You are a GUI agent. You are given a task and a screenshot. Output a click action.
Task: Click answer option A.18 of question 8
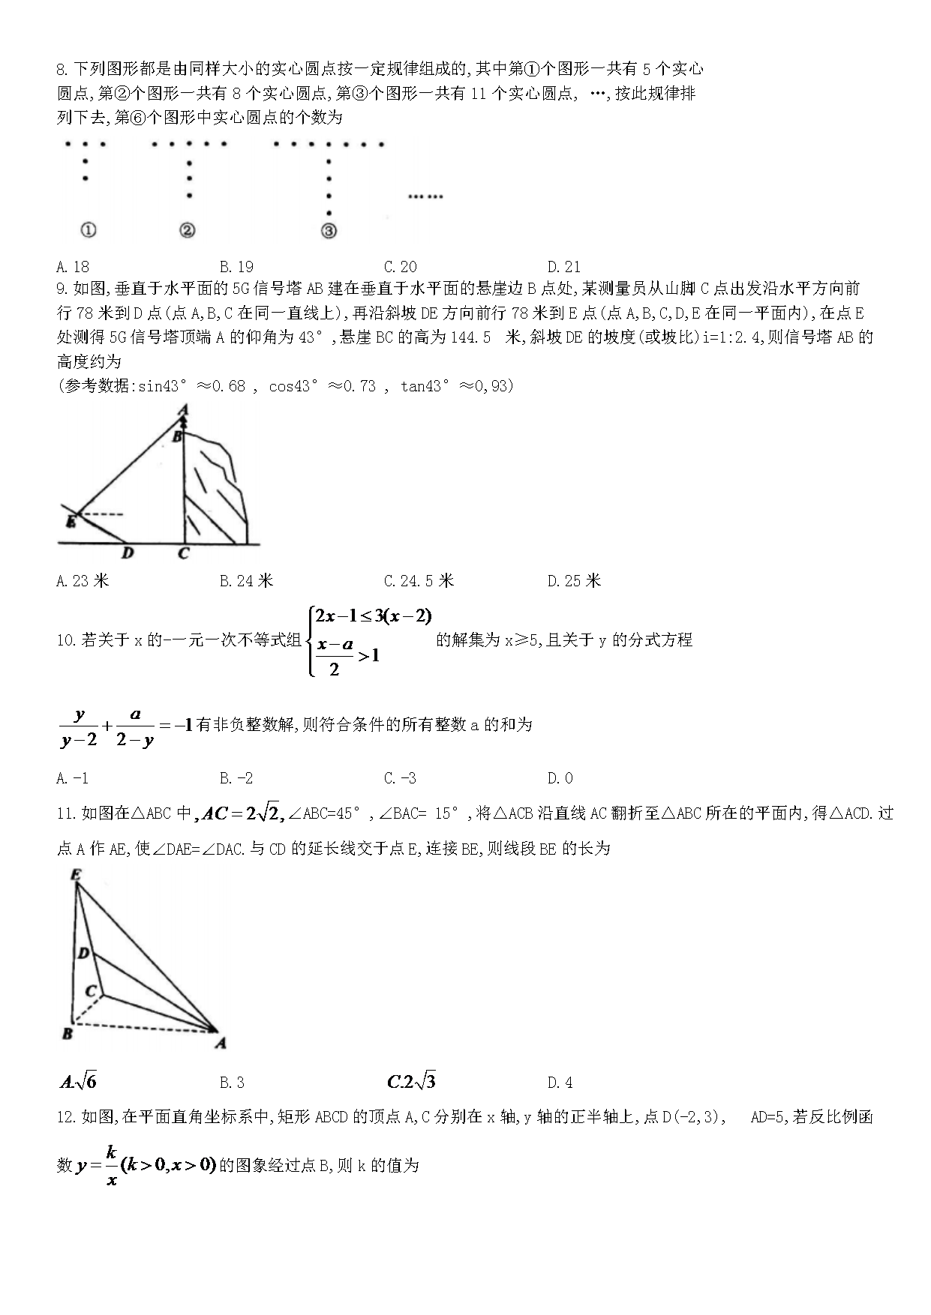73,266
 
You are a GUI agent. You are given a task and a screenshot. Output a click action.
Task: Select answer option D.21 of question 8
564,266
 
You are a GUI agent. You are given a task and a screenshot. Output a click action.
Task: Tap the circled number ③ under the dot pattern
329,231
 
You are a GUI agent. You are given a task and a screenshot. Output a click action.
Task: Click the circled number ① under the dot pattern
88,230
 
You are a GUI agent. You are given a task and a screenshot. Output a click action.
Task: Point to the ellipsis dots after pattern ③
425,196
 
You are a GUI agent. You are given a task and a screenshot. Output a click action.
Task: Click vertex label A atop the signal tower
182,410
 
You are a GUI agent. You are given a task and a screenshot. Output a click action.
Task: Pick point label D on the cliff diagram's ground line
128,553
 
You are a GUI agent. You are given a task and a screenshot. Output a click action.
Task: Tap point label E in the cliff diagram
71,521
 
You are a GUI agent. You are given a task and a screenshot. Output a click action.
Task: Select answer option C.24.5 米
419,581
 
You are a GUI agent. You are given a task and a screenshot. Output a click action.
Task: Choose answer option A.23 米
83,581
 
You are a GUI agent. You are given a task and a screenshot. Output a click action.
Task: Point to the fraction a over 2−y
135,726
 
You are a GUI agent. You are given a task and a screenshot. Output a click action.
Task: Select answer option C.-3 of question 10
400,778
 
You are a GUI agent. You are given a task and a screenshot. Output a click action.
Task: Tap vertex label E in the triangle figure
75,874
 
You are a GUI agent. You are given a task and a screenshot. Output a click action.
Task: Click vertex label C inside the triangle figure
90,990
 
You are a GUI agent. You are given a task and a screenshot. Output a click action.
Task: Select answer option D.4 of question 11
560,1083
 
